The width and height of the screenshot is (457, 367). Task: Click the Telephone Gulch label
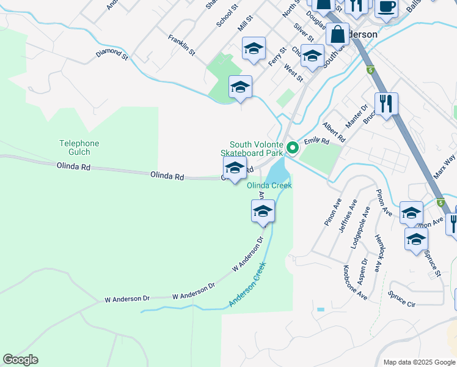[79, 147]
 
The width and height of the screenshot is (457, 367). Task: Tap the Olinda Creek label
[269, 185]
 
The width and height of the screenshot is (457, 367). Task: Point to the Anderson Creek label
[247, 285]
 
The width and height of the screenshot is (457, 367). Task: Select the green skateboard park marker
[293, 147]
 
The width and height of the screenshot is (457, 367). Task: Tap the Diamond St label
[112, 54]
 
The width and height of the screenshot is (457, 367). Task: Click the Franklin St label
[181, 45]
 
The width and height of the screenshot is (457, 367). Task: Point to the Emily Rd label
[316, 141]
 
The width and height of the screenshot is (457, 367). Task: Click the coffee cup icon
[386, 7]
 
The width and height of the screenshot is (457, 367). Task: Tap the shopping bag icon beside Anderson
[337, 34]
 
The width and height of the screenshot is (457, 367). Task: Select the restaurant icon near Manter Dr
[386, 103]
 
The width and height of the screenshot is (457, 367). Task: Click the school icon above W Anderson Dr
[263, 212]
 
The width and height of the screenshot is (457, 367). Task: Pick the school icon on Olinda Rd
[234, 169]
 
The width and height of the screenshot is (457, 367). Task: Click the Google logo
[20, 360]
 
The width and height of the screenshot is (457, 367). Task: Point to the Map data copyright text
[419, 362]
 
